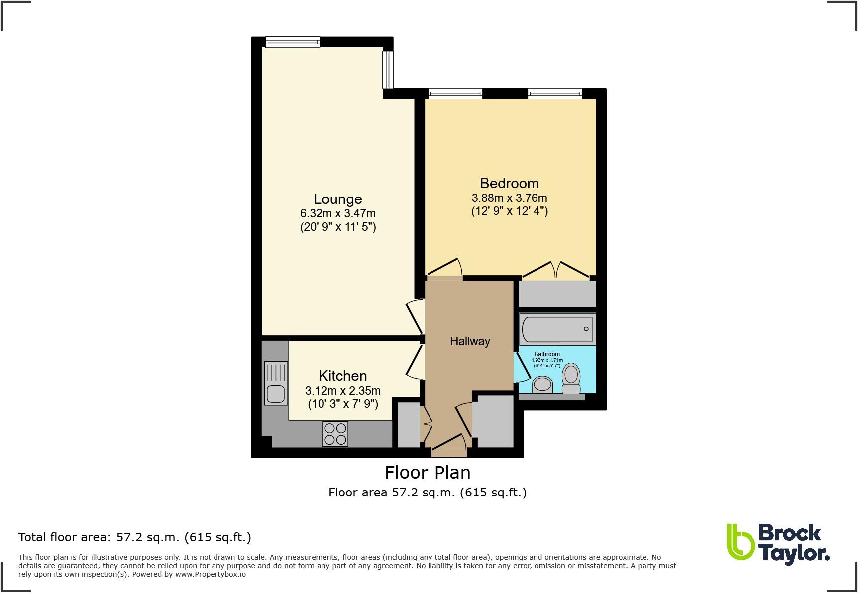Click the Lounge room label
337,199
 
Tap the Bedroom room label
509,183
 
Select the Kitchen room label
342,376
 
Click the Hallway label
470,341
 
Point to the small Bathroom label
547,354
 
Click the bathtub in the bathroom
557,329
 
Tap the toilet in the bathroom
571,379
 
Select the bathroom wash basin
542,384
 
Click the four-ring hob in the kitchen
335,433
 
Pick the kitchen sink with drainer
276,383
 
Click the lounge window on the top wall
293,42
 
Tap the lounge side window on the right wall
388,69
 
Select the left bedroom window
455,93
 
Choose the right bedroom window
554,93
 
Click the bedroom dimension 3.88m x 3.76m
509,198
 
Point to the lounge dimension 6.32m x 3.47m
337,213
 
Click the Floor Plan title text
428,472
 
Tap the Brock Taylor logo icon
740,548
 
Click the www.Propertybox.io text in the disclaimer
210,574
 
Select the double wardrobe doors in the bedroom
556,269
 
